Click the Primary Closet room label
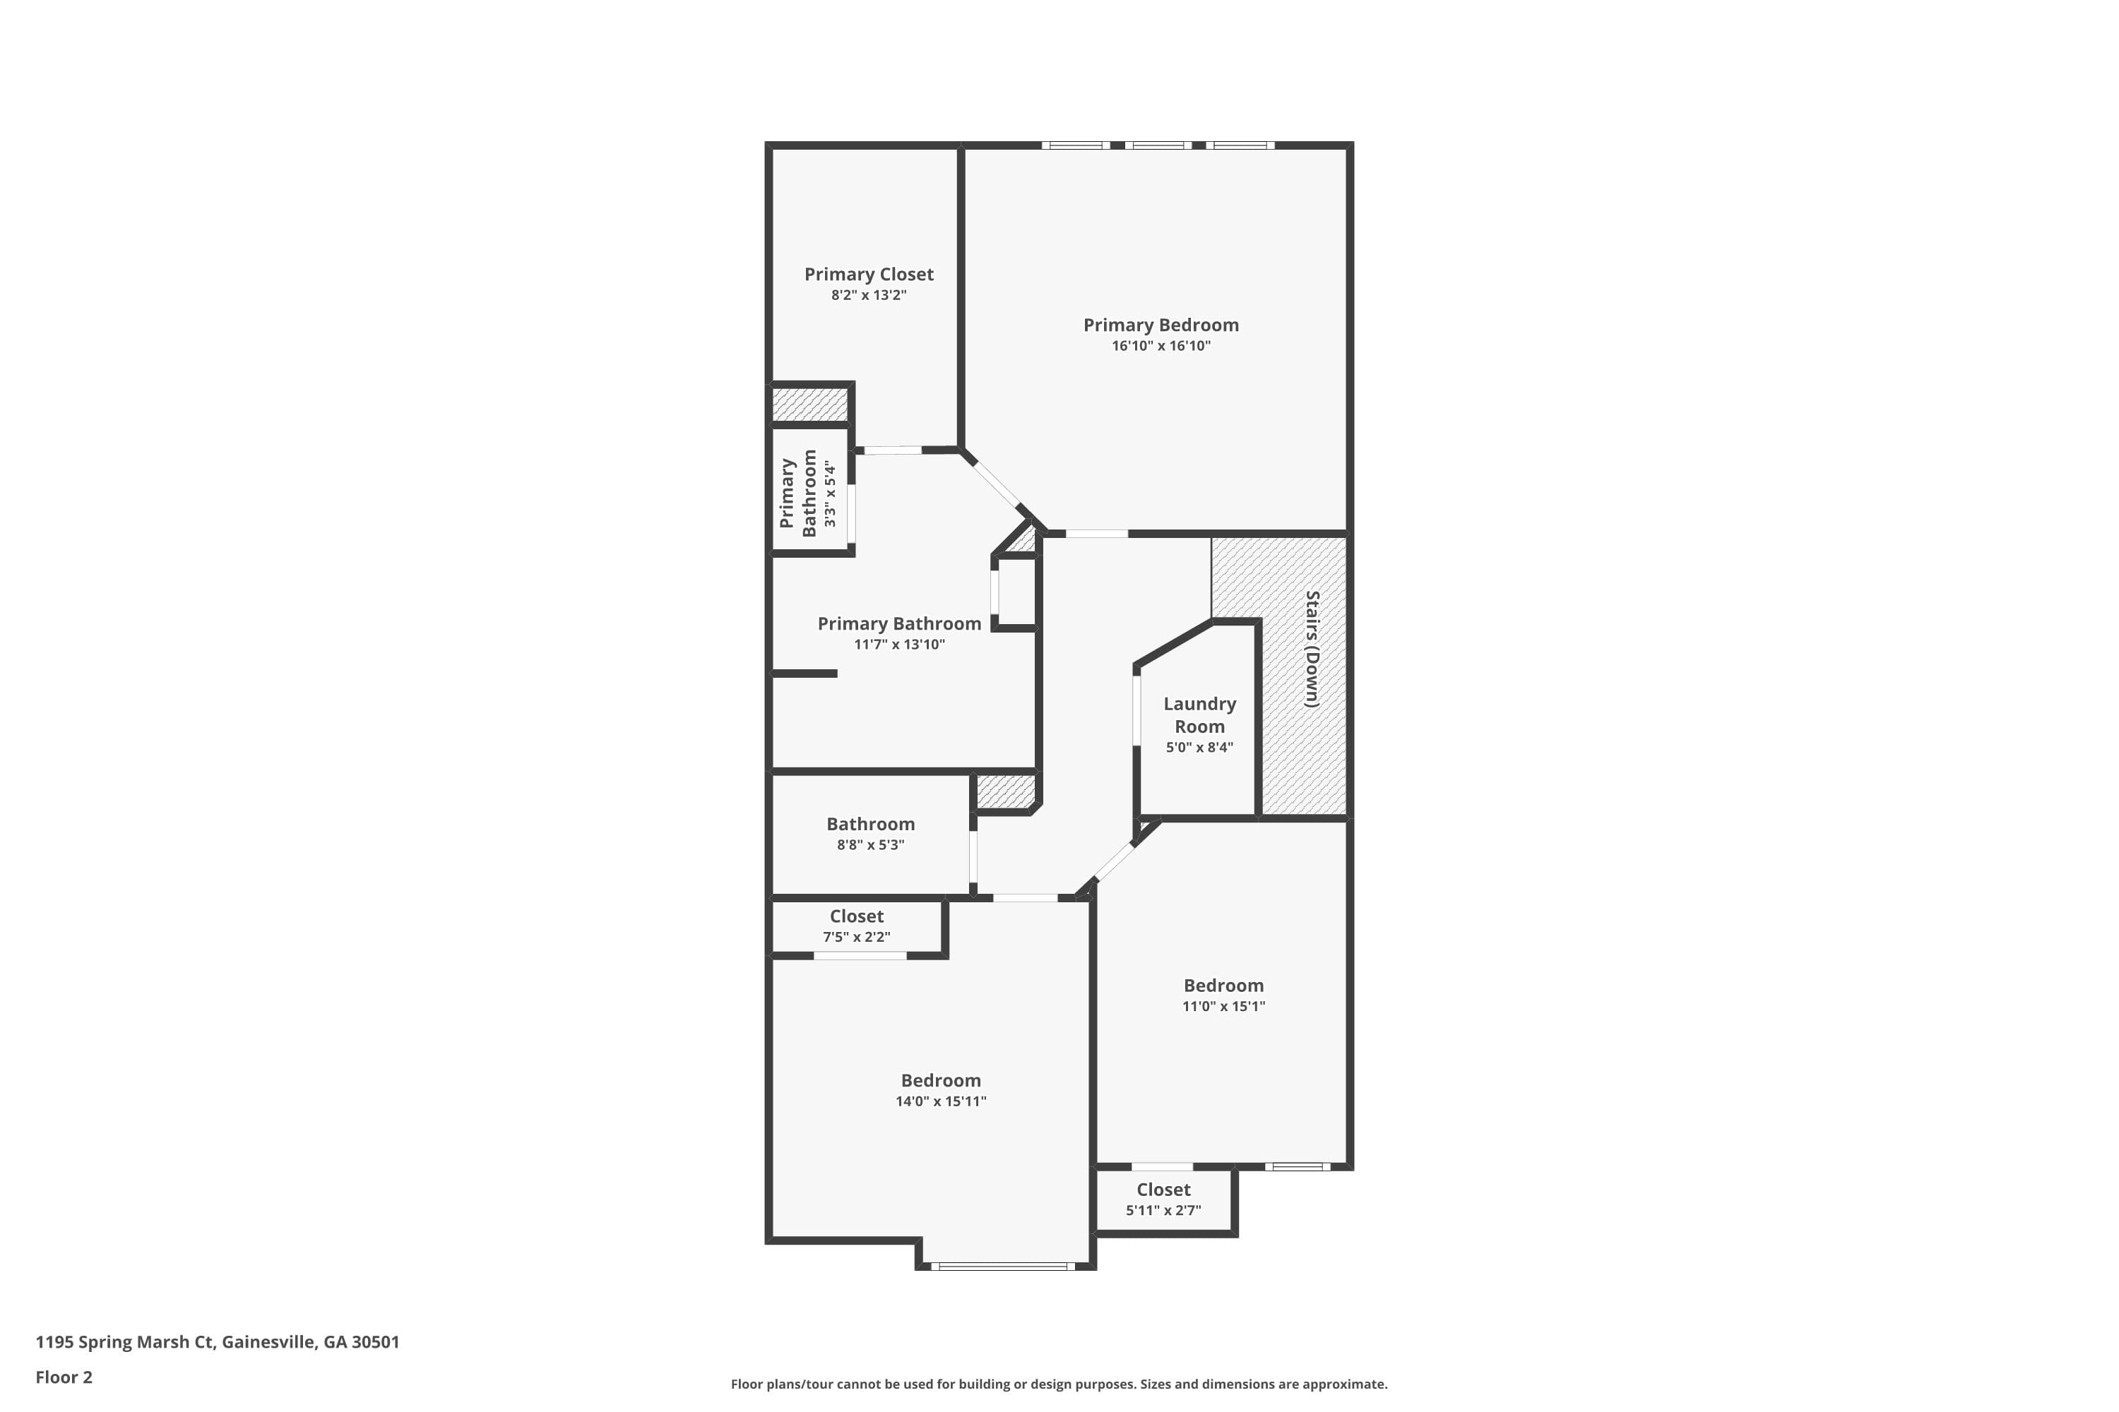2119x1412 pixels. tap(869, 274)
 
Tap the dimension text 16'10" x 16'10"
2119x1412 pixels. tap(1161, 346)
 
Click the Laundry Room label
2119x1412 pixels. tap(1199, 715)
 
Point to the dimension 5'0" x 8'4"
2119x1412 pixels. tap(1199, 748)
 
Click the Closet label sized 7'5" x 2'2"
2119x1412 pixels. tap(856, 916)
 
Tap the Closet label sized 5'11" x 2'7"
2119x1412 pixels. tap(1163, 1190)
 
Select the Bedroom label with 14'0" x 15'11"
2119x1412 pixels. tap(941, 1081)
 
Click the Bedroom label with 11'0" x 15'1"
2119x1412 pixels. tap(1223, 985)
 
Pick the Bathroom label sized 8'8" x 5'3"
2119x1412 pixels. tap(870, 824)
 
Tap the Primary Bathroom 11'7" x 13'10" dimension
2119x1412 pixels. tap(899, 645)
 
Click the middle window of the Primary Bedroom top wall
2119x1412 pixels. tap(1158, 145)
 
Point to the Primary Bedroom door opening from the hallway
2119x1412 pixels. tap(1096, 534)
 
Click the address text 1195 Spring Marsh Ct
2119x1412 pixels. tap(217, 1342)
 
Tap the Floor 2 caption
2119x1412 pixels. tap(64, 1377)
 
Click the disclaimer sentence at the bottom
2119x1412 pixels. tap(1059, 1384)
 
